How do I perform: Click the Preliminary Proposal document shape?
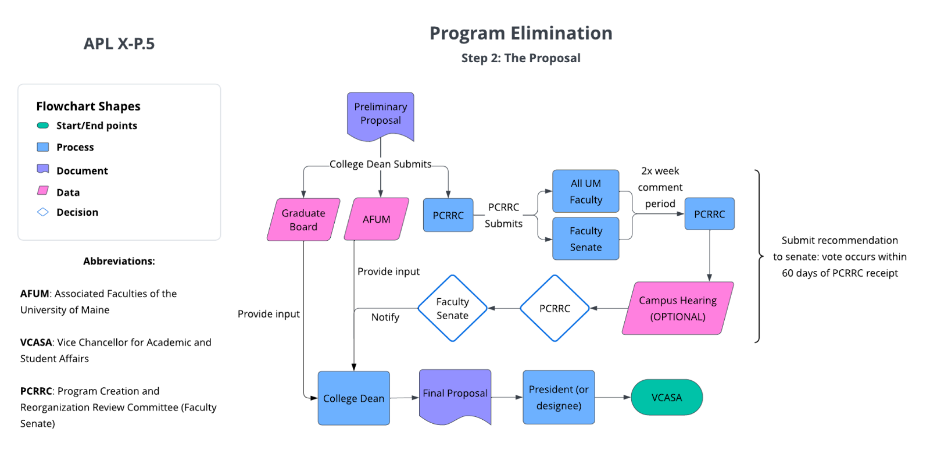tap(380, 114)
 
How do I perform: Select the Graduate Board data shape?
tap(303, 220)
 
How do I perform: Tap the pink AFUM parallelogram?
tap(377, 219)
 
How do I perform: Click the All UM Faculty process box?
tap(585, 191)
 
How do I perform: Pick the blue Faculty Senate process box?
tap(585, 239)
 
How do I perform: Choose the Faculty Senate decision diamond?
tap(452, 308)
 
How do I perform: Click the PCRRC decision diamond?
tap(555, 308)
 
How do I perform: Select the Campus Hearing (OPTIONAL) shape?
tap(678, 308)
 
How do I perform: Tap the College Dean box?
tap(353, 398)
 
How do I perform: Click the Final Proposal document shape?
tap(455, 394)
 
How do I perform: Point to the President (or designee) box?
tap(559, 398)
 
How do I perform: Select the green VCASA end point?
tap(667, 398)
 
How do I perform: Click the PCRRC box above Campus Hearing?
tap(709, 214)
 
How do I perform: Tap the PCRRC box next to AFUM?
tap(448, 215)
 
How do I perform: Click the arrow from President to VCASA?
tap(613, 398)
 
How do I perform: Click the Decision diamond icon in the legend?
tap(43, 212)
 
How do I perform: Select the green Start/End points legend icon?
tap(43, 126)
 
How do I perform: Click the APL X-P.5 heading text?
tap(119, 44)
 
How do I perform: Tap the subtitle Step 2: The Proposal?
tap(521, 58)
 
